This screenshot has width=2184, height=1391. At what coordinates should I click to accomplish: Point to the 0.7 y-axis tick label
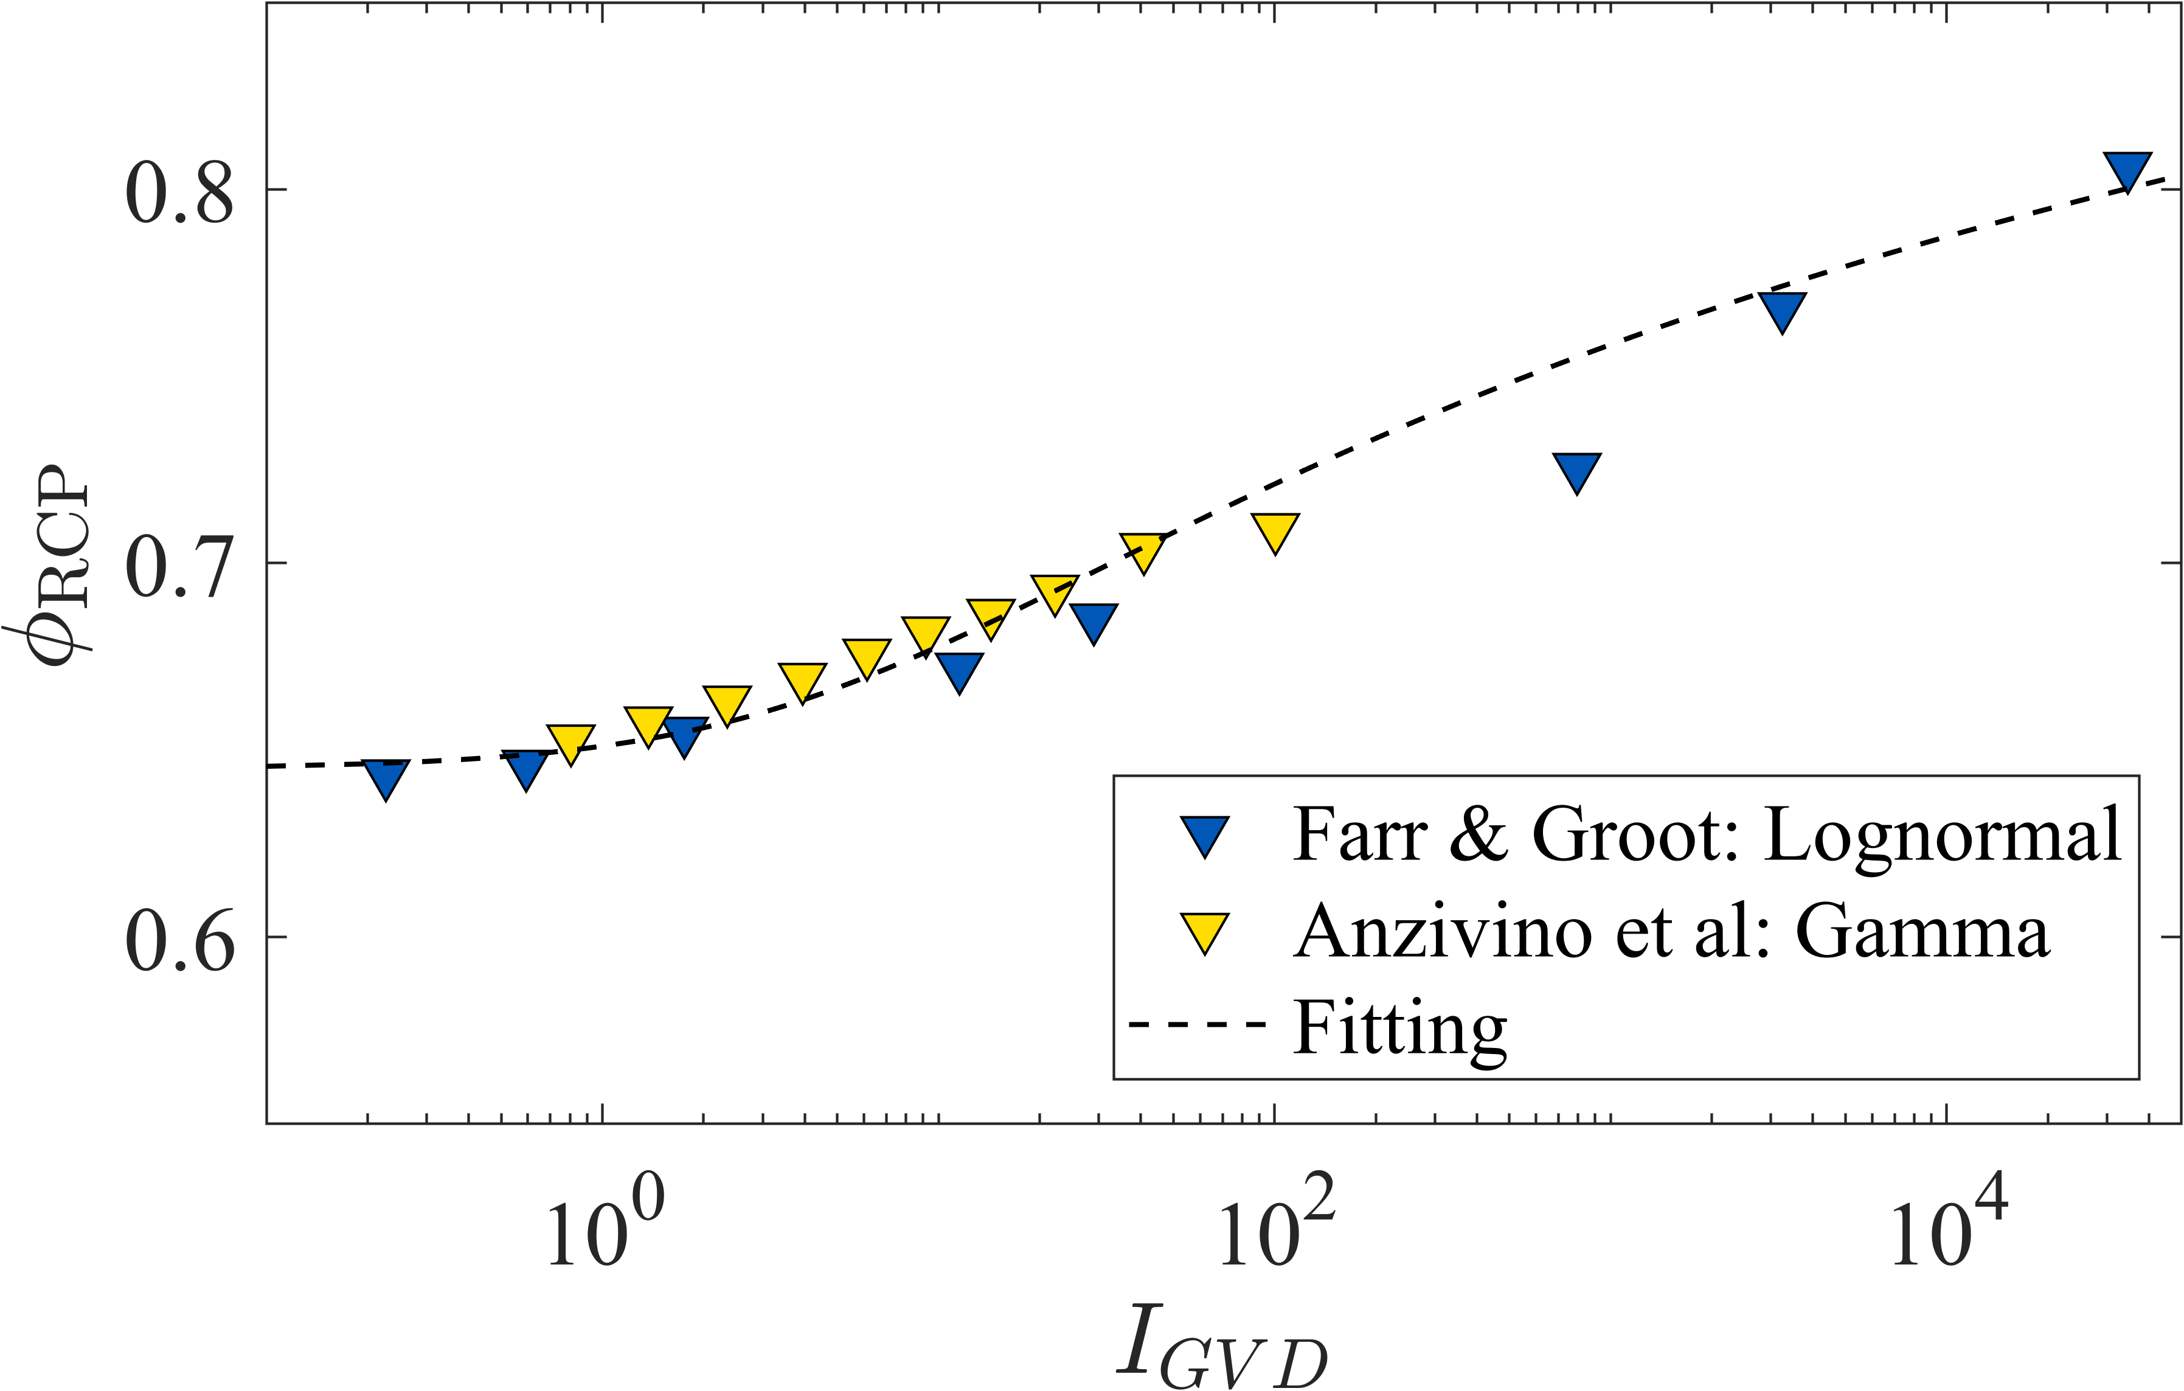(x=179, y=567)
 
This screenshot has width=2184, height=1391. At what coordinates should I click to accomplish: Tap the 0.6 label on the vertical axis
(x=179, y=940)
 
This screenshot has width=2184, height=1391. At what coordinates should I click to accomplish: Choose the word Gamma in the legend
(x=1923, y=932)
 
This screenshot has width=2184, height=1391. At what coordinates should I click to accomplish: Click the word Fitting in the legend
(x=1399, y=1029)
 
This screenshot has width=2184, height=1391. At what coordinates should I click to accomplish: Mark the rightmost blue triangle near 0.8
(x=2127, y=170)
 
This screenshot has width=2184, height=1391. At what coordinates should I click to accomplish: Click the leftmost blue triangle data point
(x=386, y=777)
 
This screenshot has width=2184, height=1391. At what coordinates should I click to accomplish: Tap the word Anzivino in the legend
(x=1442, y=932)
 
